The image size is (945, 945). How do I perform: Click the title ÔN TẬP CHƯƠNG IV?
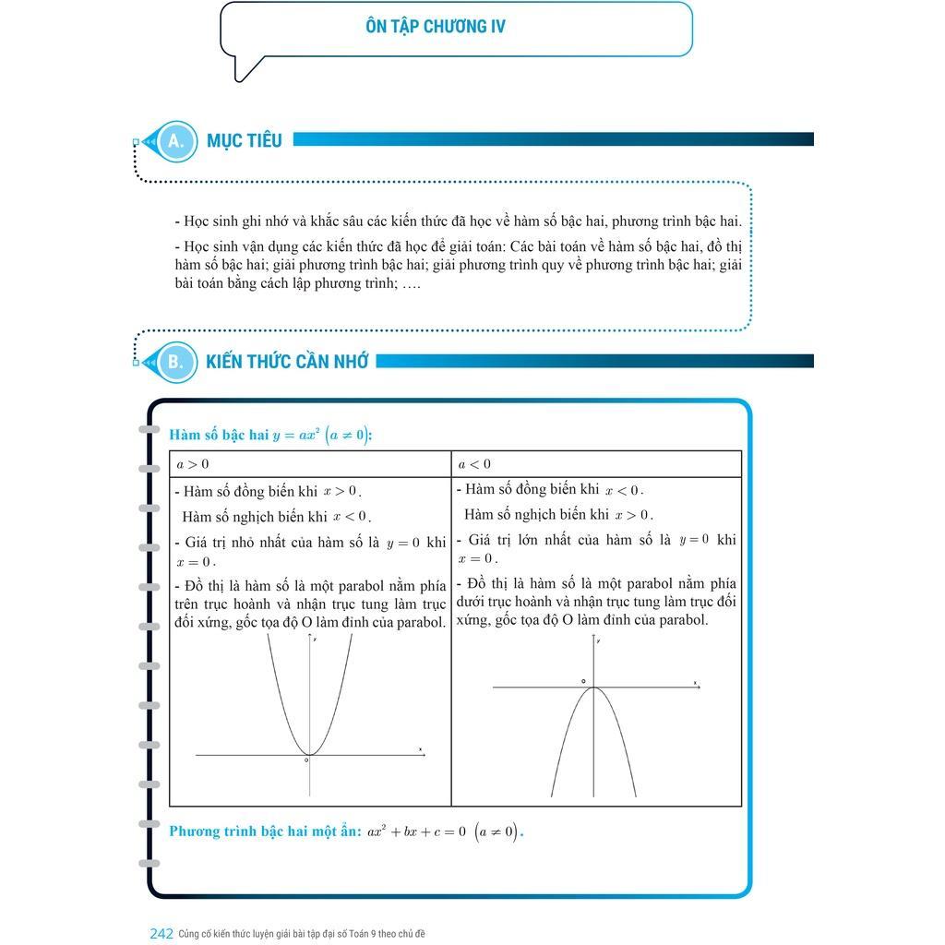[436, 27]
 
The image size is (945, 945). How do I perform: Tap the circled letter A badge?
[175, 141]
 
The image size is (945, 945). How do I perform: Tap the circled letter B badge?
[175, 362]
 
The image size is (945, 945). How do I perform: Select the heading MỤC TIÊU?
[244, 141]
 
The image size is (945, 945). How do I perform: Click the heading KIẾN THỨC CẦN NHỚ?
[287, 362]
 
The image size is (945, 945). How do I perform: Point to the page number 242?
[161, 934]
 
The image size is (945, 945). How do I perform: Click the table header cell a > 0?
[193, 464]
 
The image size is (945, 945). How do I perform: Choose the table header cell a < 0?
[474, 464]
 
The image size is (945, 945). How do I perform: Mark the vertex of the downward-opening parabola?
[592, 688]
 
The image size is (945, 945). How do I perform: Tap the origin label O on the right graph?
[583, 681]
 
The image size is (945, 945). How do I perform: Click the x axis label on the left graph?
[420, 748]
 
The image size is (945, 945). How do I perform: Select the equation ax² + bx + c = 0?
[416, 831]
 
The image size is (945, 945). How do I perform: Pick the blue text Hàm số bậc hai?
[219, 435]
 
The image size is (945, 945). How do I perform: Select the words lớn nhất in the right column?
[544, 540]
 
